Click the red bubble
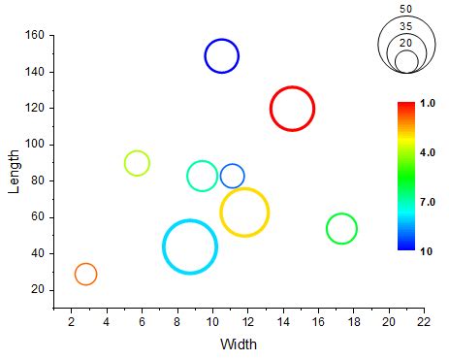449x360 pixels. coord(292,109)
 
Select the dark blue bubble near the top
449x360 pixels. coord(221,56)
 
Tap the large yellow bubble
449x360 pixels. coord(244,212)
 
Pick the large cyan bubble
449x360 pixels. coord(190,246)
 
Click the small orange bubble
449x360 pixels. coord(85,275)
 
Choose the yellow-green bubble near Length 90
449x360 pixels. coord(137,163)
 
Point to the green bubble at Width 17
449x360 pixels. coord(341,228)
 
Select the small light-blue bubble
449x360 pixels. coord(232,176)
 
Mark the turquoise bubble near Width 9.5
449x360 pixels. coord(202,176)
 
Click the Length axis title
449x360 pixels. coord(14,172)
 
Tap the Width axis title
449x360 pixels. coord(239,344)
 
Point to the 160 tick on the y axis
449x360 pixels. coord(35,36)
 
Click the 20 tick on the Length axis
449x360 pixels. coord(39,290)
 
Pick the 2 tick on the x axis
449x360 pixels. coord(71,321)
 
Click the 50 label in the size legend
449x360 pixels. coord(405,9)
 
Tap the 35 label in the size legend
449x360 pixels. coord(405,25)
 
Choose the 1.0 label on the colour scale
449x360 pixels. coord(428,103)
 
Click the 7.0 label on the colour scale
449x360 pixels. coord(428,202)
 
